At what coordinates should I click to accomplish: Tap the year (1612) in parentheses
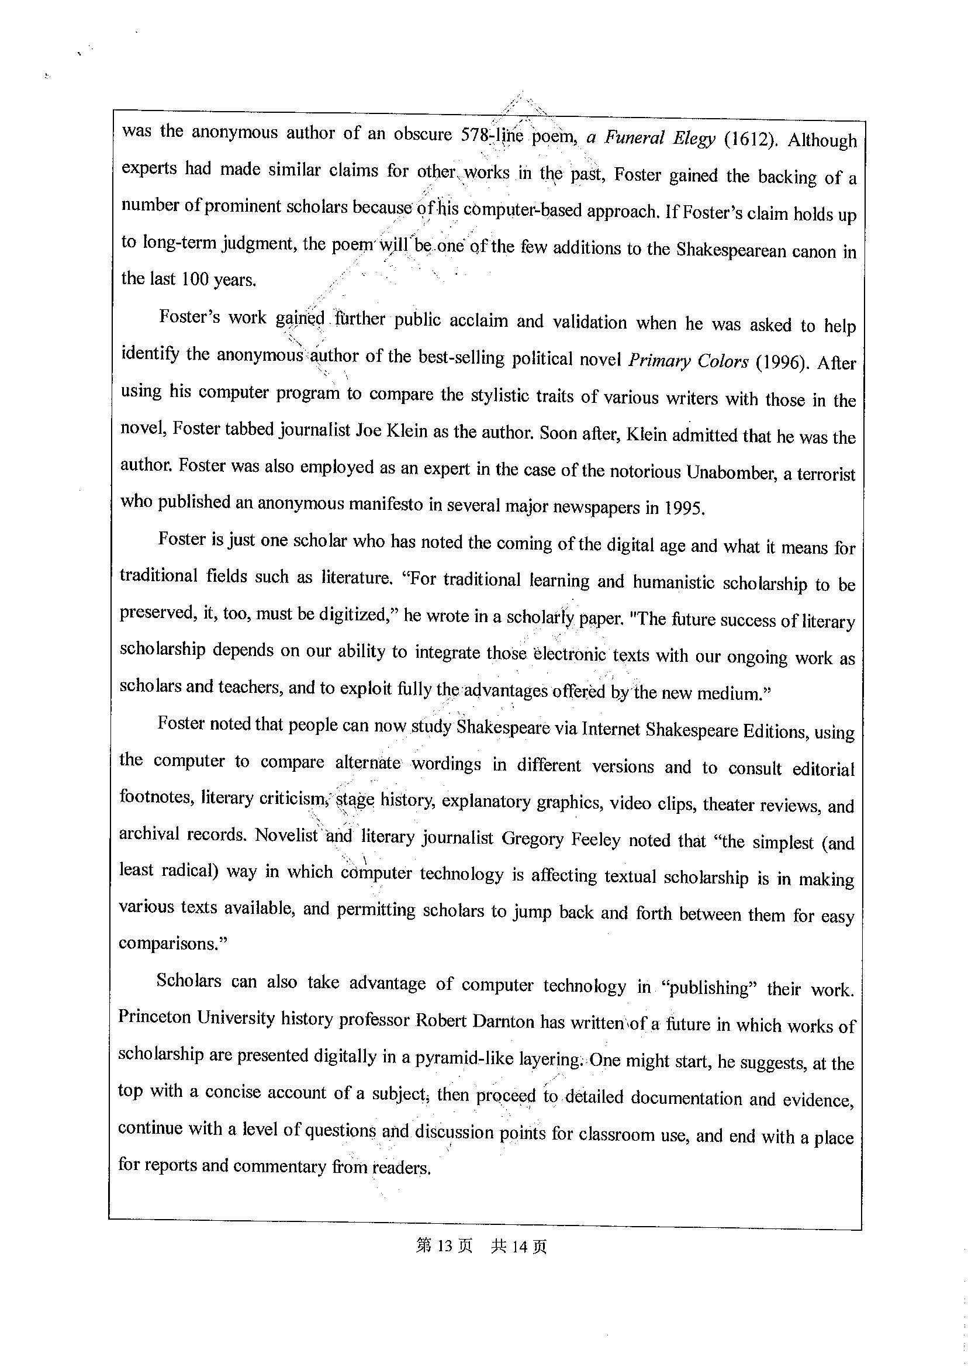tap(751, 140)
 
